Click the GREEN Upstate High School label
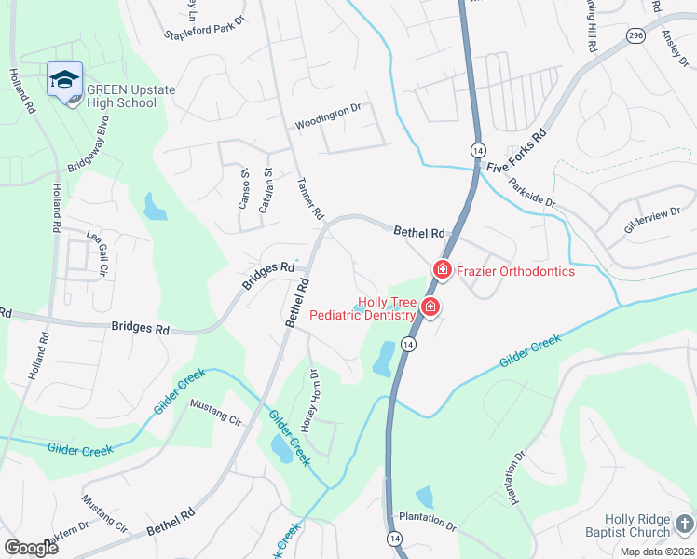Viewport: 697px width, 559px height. tap(121, 96)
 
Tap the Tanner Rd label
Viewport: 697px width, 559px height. tap(310, 198)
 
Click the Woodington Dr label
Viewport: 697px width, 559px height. tap(327, 116)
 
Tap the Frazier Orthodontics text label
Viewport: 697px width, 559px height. tap(515, 271)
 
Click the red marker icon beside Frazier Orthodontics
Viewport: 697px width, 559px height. tap(441, 270)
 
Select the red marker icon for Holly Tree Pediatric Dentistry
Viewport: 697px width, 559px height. tap(430, 307)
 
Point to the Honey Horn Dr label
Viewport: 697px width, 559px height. tap(309, 402)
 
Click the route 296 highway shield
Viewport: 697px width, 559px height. tap(635, 35)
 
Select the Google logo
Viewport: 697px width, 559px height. tap(30, 548)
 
